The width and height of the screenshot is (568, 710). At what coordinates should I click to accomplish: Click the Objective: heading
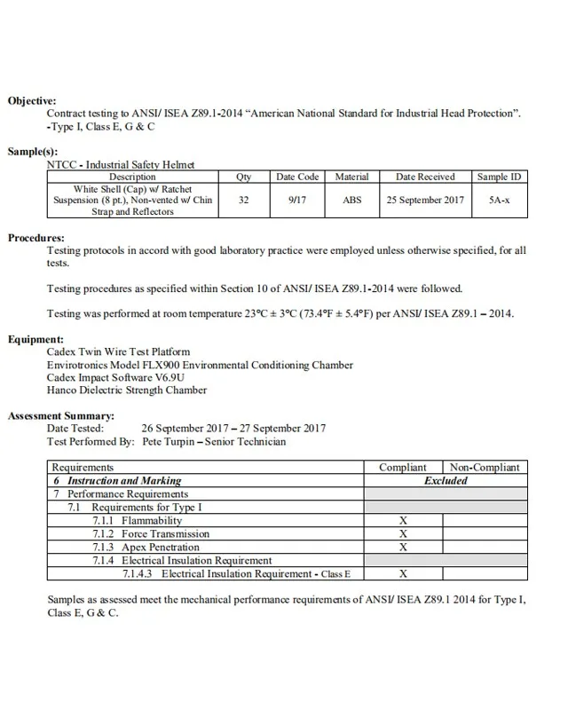pos(32,101)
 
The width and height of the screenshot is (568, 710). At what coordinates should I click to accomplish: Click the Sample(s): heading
pos(33,152)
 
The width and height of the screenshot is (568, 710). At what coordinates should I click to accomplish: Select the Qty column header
pos(244,177)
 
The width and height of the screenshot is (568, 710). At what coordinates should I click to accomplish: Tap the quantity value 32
pos(244,201)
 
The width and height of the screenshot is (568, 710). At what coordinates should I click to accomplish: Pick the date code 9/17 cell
pos(297,201)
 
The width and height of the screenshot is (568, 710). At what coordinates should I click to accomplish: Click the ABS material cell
pos(352,201)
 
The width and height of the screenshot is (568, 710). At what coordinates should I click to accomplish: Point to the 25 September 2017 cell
pos(425,201)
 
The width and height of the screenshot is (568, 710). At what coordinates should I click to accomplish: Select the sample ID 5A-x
pos(499,201)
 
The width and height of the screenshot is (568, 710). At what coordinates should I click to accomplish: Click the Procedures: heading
pos(36,239)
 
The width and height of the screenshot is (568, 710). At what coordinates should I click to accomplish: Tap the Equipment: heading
pos(35,339)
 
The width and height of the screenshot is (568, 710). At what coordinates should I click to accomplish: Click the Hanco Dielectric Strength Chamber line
pos(127,390)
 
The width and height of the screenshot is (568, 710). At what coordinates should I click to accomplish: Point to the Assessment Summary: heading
pos(60,415)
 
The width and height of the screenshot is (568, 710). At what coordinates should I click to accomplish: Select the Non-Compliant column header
pos(484,467)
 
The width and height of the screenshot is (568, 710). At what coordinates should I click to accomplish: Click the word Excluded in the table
pos(445,480)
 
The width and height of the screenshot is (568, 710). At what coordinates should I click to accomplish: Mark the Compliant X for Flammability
pos(403,521)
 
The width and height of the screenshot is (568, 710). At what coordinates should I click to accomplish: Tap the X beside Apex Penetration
pos(403,548)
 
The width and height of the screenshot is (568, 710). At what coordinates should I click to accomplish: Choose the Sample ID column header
pos(499,177)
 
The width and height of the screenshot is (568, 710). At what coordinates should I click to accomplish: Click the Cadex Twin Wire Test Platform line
pos(118,352)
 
